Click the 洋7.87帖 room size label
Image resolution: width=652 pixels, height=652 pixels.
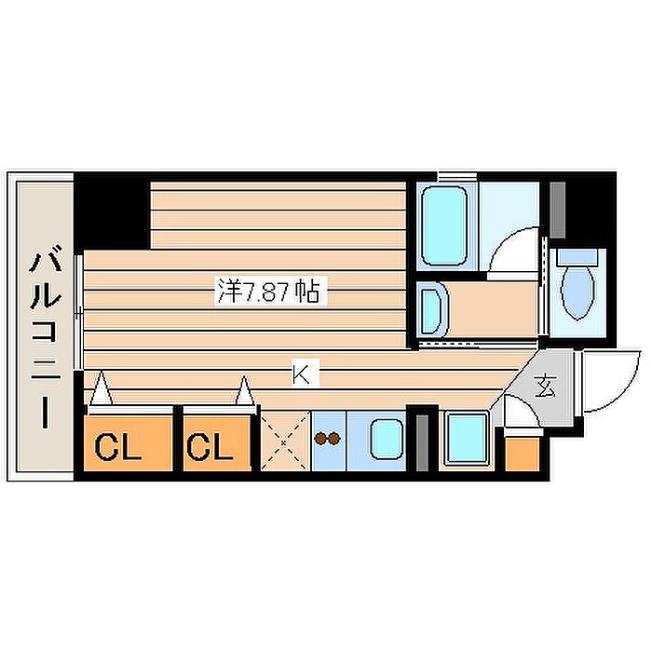[269, 292]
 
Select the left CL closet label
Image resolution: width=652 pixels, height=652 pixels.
[117, 446]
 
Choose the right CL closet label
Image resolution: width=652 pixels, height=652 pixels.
[210, 446]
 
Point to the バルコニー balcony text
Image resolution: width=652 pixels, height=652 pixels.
[46, 336]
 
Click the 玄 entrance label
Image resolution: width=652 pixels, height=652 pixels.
[546, 386]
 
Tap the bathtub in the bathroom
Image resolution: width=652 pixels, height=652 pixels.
[443, 225]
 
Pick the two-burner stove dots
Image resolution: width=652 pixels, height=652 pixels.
[328, 439]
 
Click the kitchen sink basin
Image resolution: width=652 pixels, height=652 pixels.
[387, 439]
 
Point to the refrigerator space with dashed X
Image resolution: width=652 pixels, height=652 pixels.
[285, 441]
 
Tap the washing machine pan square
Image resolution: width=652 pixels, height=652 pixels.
[467, 439]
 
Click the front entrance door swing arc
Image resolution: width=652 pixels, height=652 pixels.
[624, 391]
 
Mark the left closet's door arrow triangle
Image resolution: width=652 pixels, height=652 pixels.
[102, 388]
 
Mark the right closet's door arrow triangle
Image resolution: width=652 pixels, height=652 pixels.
[245, 391]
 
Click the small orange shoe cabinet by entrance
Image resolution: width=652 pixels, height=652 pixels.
[523, 455]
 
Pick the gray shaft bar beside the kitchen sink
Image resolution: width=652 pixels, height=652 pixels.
[422, 442]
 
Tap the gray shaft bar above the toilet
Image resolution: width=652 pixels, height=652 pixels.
[558, 210]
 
